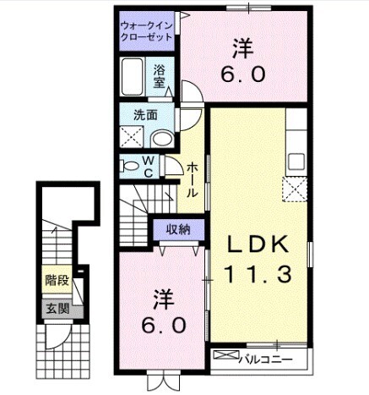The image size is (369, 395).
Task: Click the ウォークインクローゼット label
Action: coord(146,31)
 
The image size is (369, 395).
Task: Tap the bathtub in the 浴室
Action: coord(132,77)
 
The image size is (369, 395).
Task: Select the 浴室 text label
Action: coord(160,76)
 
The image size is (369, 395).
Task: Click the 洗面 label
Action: coord(145,115)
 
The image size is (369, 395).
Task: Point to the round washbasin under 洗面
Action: coord(162,140)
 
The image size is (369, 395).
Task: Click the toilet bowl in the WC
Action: coord(129,166)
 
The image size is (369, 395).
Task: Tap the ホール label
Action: coord(192,179)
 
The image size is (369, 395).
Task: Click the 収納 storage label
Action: coord(178,230)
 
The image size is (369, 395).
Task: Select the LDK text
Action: coord(258,244)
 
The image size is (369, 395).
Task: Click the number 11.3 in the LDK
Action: coord(258,275)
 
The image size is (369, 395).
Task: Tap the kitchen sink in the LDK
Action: coord(296,162)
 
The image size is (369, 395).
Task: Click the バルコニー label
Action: coord(266,359)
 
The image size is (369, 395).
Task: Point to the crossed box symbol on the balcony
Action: coord(226,354)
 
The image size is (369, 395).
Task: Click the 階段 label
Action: coord(57,280)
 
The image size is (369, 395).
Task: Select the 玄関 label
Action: coord(57,309)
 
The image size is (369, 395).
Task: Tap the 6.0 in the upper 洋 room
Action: coord(243,74)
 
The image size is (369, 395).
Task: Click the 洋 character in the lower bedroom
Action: coord(164,300)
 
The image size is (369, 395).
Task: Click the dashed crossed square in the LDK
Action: coord(295,189)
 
